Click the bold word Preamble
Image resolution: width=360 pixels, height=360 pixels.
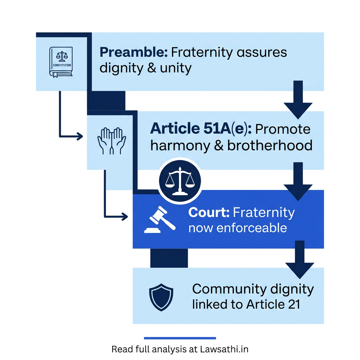point(134,53)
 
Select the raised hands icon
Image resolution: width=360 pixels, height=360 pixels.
point(111,141)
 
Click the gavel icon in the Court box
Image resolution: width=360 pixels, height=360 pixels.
point(160,220)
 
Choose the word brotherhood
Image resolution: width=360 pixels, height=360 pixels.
point(270,145)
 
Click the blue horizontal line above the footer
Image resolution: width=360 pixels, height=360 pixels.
point(180,338)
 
